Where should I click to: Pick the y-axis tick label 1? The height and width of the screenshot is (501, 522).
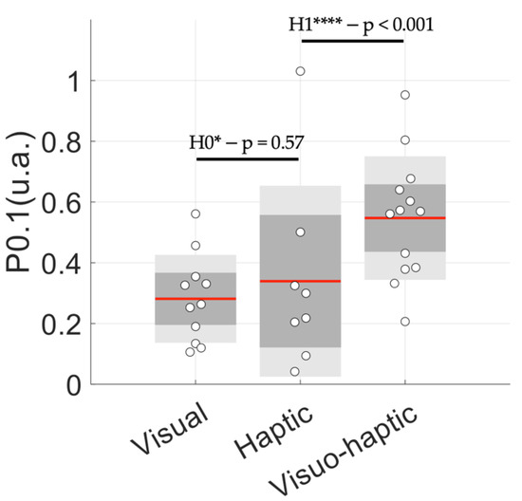(75, 82)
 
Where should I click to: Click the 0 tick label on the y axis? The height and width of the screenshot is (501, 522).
(75, 384)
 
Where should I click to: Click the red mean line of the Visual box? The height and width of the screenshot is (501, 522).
(196, 299)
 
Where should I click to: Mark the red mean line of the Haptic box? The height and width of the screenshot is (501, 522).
(300, 281)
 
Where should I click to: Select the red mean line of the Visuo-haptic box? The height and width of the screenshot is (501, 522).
(404, 218)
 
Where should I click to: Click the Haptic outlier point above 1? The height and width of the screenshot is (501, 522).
(301, 71)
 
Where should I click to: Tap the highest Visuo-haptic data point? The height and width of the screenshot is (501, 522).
(405, 95)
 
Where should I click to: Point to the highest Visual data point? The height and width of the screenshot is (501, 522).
(196, 214)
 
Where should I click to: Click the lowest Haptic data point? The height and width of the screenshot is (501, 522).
(295, 372)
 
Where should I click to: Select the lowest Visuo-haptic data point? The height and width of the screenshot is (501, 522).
(405, 322)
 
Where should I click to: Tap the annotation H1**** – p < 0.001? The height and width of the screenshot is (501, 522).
(362, 25)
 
